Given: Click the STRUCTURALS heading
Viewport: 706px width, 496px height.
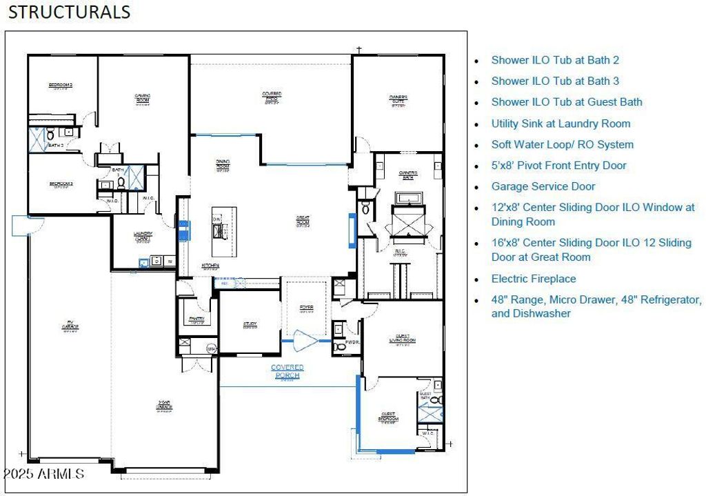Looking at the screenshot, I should click(x=69, y=12).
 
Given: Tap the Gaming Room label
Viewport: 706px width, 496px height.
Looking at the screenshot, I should click(x=143, y=99).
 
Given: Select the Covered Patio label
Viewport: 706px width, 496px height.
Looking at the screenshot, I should click(x=271, y=97).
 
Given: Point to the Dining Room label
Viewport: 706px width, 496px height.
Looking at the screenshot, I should click(x=223, y=165).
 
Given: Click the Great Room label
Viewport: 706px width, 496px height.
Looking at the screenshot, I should click(x=302, y=221).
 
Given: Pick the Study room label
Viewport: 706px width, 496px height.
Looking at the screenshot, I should click(x=250, y=324).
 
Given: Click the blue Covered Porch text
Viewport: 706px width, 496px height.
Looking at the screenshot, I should click(x=287, y=371).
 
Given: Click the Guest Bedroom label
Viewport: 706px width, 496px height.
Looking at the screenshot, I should click(x=388, y=417).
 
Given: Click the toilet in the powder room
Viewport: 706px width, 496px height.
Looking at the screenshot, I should click(x=339, y=346).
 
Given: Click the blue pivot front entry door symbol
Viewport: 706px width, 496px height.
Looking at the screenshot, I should click(x=304, y=340).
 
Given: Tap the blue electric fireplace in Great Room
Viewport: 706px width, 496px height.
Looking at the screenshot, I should click(x=352, y=230).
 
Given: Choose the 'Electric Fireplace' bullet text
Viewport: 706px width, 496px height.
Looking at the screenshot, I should click(x=533, y=279).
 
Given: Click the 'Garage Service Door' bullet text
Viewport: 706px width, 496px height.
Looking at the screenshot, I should click(x=543, y=186).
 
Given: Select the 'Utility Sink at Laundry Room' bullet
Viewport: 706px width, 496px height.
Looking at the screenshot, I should click(x=561, y=123).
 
